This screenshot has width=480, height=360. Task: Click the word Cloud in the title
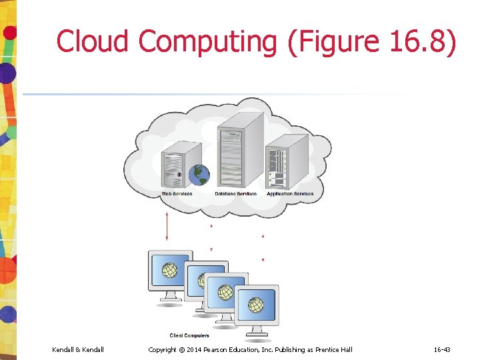pos(93,41)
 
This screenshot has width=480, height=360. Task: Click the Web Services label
pos(177,194)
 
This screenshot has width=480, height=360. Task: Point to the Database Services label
pos(236,194)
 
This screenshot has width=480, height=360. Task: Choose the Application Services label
pos(290,194)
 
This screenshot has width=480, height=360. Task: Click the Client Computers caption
pos(189,335)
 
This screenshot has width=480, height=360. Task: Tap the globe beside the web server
pos(199,175)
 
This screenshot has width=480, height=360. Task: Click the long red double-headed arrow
pos(167,227)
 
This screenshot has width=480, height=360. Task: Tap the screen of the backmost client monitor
pos(170,271)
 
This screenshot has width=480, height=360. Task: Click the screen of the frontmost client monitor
pos(256,305)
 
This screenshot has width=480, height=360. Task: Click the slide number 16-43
pos(442,349)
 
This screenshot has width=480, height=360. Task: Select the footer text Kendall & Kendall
pos(78,349)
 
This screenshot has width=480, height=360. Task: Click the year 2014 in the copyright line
pos(194,349)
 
